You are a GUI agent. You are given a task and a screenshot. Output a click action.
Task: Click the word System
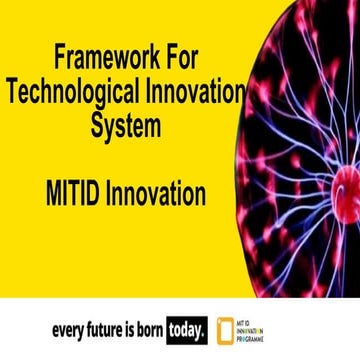point(124,127)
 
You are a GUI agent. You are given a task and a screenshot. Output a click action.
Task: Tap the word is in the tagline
point(135,328)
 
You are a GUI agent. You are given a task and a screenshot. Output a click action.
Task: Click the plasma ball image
point(310,140)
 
